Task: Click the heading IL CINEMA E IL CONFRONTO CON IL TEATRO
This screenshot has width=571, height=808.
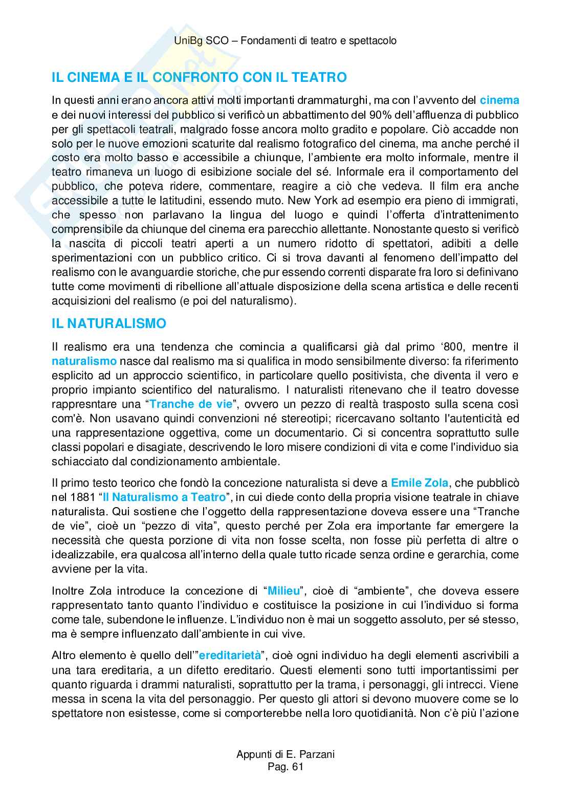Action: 199,78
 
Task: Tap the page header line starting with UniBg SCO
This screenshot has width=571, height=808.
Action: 285,41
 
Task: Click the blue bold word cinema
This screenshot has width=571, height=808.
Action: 499,100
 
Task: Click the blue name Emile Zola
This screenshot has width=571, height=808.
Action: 420,483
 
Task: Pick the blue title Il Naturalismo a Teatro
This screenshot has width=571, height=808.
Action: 164,497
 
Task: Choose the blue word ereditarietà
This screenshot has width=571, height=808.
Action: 230,656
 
